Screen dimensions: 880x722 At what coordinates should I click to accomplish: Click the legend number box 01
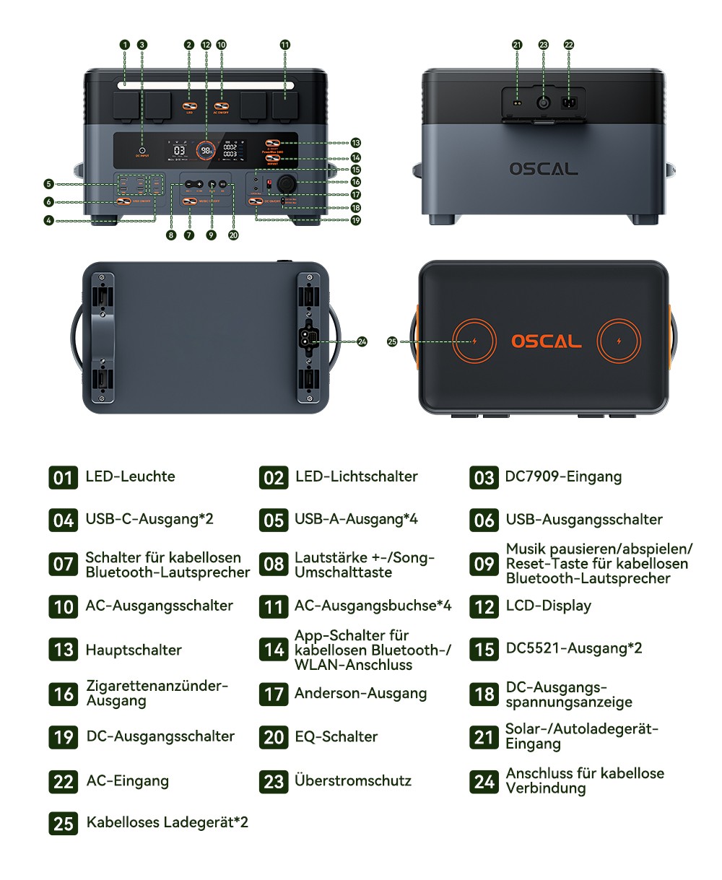(x=64, y=477)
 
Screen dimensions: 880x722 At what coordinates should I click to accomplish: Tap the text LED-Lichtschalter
(x=356, y=476)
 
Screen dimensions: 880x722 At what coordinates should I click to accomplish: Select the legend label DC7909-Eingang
(x=563, y=476)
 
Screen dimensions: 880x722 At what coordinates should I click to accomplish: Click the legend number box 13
(x=64, y=650)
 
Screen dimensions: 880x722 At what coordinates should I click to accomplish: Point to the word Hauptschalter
(x=134, y=650)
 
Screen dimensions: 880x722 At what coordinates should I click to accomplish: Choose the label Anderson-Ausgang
(x=360, y=693)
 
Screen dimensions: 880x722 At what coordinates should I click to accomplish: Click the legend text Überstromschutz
(x=353, y=780)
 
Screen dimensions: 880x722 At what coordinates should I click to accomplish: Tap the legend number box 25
(x=64, y=823)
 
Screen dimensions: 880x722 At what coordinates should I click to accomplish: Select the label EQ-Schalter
(x=336, y=736)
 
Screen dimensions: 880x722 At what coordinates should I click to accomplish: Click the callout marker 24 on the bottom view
(x=362, y=341)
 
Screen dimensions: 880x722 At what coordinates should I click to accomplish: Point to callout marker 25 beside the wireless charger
(x=392, y=341)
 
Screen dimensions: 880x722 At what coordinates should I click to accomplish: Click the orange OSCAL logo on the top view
(x=546, y=341)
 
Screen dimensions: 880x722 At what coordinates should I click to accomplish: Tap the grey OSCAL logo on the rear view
(x=543, y=169)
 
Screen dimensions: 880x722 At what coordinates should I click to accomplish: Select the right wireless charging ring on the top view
(x=619, y=341)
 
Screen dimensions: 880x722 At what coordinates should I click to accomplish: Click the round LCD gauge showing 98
(x=207, y=150)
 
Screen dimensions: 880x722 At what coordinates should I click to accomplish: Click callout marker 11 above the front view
(x=285, y=45)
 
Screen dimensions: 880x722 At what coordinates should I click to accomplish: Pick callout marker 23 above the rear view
(x=544, y=45)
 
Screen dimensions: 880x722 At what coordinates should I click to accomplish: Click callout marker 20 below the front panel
(x=232, y=235)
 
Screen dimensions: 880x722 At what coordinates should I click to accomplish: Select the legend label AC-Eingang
(x=127, y=780)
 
